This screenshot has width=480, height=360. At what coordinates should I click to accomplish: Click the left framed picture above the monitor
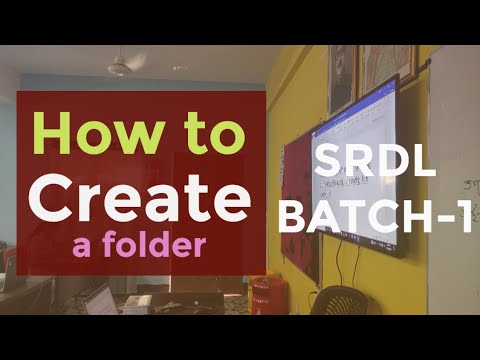(343, 78)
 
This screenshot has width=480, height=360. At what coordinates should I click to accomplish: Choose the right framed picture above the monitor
(388, 64)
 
